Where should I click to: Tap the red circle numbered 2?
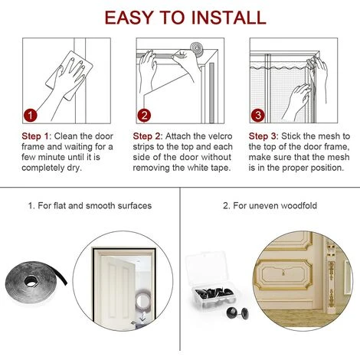coord(145,116)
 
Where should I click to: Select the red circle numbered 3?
coord(259,116)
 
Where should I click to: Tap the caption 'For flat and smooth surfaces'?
coord(90,205)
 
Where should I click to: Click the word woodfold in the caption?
coord(295,205)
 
